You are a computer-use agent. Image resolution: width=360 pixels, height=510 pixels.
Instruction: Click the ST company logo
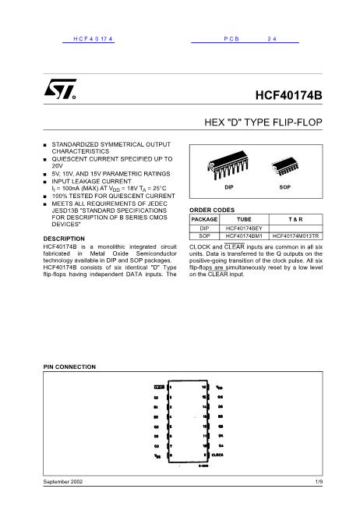[60, 91]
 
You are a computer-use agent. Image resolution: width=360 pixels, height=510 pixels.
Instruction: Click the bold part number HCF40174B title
[288, 97]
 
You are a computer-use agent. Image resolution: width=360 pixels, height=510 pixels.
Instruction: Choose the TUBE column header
[244, 220]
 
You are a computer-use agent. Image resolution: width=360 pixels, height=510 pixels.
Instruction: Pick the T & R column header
[296, 220]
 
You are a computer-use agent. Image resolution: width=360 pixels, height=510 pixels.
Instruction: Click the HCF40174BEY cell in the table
[244, 228]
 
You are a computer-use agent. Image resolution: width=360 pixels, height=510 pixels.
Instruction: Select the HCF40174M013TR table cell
[296, 236]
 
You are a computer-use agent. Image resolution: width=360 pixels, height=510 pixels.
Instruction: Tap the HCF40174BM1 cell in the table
[244, 236]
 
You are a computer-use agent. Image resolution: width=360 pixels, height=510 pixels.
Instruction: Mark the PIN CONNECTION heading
[69, 366]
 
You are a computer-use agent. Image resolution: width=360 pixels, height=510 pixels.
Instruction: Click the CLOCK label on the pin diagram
[218, 453]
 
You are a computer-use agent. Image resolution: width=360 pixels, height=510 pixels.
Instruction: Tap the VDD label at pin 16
[220, 387]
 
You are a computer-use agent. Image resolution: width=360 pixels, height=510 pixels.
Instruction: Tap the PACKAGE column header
[204, 220]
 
